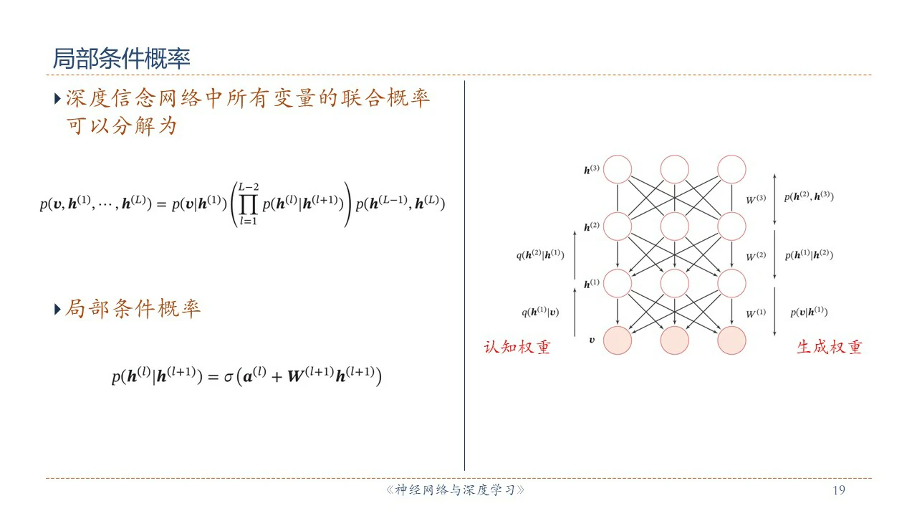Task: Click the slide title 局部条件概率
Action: [122, 58]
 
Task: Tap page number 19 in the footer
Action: [839, 489]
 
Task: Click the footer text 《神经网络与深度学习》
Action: [455, 489]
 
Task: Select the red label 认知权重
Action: [517, 348]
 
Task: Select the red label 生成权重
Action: [830, 348]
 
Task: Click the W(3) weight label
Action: [756, 199]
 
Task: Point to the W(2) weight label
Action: [756, 257]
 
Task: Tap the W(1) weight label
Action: [756, 313]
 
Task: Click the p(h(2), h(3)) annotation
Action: [809, 196]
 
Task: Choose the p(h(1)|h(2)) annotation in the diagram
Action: [809, 254]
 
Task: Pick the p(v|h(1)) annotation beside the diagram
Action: [809, 312]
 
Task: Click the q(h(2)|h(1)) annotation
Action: [540, 254]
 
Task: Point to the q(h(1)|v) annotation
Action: [540, 312]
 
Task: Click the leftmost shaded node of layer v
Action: [618, 340]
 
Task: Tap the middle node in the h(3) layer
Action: [675, 169]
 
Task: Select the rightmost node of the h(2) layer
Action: [731, 226]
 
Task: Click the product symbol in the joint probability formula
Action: [249, 204]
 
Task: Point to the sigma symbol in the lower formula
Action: [229, 377]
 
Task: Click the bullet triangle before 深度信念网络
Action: [57, 99]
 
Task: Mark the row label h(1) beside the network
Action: [592, 283]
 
